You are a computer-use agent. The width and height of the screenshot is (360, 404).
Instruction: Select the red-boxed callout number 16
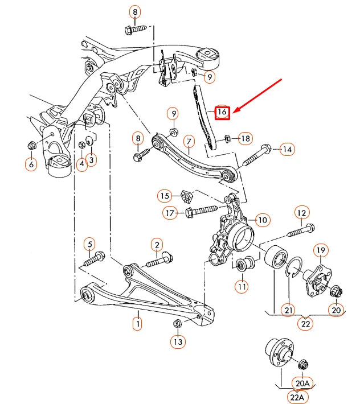[x=222, y=112]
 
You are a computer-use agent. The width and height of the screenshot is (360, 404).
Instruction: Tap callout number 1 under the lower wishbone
[x=137, y=324]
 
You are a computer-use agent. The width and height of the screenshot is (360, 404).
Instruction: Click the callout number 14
[x=287, y=150]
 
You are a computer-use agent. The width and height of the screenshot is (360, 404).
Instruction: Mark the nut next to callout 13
[x=177, y=324]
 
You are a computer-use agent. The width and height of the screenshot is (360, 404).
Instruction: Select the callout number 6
[x=30, y=164]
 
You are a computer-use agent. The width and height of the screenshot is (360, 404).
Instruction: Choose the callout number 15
[x=165, y=196]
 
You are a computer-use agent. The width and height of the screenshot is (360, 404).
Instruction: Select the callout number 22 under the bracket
[x=306, y=324]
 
